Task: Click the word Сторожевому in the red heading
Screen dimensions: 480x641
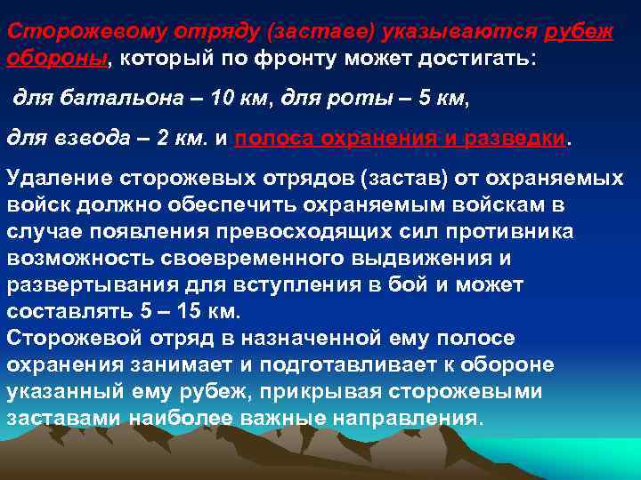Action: [76, 32]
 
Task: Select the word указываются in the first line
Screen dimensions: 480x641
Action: [459, 32]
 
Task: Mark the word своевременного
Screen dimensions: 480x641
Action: [215, 258]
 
